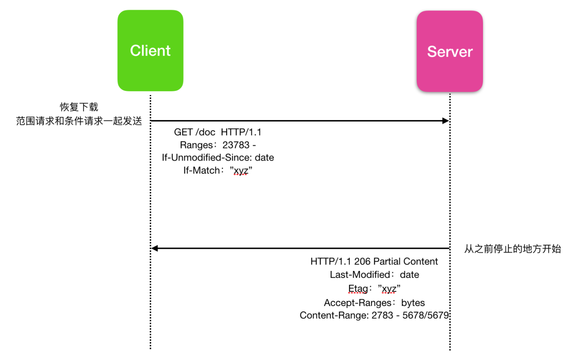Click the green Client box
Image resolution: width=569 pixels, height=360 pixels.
tap(150, 51)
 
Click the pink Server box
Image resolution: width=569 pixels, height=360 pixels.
tap(449, 51)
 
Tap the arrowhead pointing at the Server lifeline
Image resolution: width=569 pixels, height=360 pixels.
tap(445, 121)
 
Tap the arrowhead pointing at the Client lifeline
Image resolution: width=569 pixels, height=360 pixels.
tap(155, 248)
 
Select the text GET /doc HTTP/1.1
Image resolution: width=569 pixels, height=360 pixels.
tap(218, 132)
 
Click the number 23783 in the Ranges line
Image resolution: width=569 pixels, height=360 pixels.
tap(236, 145)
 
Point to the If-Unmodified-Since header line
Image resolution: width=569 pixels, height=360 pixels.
tap(218, 158)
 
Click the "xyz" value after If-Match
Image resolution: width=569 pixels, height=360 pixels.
tap(241, 170)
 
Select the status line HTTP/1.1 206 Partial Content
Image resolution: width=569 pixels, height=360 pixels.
tap(374, 261)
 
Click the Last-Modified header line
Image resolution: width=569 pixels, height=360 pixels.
tap(374, 275)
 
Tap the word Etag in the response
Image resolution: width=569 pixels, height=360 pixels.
tap(358, 289)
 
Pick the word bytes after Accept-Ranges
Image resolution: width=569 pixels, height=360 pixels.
tap(413, 303)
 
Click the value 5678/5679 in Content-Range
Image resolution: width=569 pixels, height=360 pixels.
tap(426, 315)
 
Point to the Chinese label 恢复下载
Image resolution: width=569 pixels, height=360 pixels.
tap(79, 107)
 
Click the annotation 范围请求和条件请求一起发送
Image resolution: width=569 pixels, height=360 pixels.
tap(79, 121)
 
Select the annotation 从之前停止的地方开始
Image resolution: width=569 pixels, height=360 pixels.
tap(513, 249)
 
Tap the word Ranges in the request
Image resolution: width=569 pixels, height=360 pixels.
tap(196, 145)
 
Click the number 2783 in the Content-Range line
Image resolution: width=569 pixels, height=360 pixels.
tap(382, 315)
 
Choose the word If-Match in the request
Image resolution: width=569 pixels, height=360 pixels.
tap(201, 170)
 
